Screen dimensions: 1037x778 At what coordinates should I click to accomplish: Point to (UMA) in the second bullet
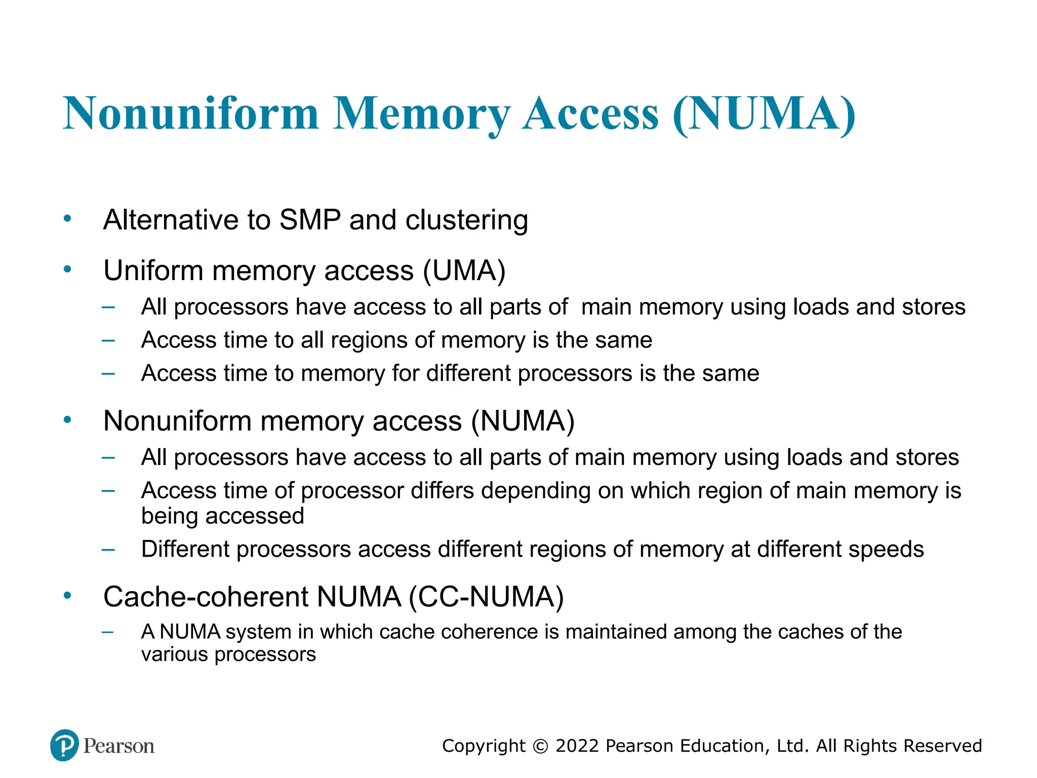coord(464,270)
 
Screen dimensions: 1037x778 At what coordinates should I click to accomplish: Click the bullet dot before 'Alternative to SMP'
coord(67,219)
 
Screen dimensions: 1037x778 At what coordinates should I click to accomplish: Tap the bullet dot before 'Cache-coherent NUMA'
coord(67,596)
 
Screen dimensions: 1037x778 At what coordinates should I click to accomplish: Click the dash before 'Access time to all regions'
coord(108,340)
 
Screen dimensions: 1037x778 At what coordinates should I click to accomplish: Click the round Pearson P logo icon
coord(65,745)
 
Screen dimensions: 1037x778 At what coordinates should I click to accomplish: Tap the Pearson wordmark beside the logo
coord(119,746)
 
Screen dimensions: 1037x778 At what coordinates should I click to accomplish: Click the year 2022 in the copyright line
coord(577,746)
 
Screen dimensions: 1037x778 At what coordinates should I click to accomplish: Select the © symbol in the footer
coord(540,746)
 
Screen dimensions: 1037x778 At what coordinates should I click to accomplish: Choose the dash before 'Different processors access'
coord(108,550)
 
